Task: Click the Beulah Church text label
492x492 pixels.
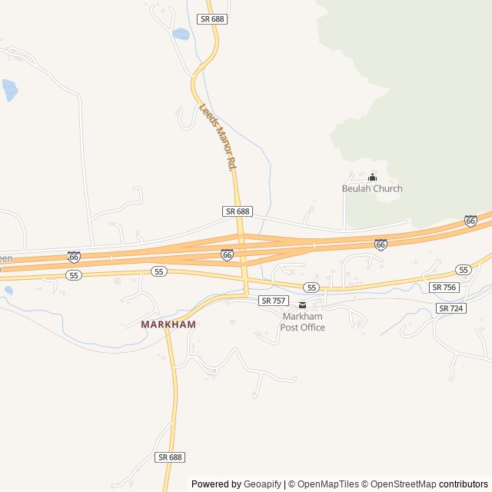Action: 372,188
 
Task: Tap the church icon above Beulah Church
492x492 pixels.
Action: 373,178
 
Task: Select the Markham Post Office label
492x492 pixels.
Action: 303,322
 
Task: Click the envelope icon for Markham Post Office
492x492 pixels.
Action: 302,305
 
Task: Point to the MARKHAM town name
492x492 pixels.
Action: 168,324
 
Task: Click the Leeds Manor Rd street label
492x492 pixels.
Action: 216,137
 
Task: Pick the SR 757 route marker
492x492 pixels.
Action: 273,301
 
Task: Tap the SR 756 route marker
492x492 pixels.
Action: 444,287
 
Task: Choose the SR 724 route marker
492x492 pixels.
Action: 451,307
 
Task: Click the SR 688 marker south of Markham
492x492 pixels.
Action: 170,457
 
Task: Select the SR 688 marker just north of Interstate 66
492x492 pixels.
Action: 238,211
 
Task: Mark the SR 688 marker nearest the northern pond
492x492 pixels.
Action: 212,18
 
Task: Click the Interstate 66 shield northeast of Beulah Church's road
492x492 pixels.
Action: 470,221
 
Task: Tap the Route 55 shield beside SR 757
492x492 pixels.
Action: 311,287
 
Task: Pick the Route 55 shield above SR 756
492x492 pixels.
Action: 463,270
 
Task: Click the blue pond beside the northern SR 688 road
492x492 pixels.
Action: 181,35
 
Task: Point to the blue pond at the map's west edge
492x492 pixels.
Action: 9,89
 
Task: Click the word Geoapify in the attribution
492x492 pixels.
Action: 262,484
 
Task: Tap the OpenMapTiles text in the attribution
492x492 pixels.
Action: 327,484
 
